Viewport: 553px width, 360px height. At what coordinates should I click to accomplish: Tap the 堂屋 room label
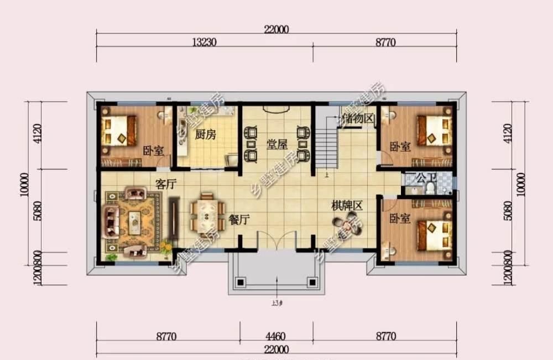pyautogui.click(x=277, y=145)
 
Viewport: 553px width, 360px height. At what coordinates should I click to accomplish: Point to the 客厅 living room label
pyautogui.click(x=165, y=185)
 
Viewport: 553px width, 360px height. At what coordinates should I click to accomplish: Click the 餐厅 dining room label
pyautogui.click(x=239, y=220)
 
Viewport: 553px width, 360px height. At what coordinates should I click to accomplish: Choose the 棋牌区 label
pyautogui.click(x=347, y=206)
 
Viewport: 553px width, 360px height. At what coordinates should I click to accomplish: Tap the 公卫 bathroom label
pyautogui.click(x=426, y=178)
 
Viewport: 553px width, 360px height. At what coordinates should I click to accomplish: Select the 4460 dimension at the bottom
pyautogui.click(x=275, y=335)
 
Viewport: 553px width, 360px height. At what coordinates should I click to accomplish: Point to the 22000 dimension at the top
pyautogui.click(x=276, y=30)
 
